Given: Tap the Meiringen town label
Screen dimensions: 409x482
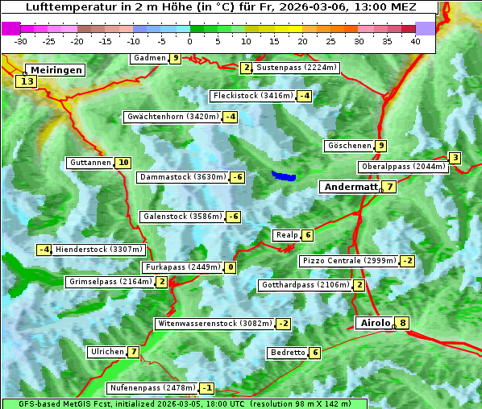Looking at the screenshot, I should point(54,70).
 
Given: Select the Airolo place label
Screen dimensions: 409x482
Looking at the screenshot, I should point(375,323).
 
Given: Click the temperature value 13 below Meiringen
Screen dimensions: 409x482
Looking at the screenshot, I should point(27,81).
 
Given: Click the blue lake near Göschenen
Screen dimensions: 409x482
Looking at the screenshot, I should point(284,176).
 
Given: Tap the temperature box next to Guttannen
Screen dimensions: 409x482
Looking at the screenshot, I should point(123,163).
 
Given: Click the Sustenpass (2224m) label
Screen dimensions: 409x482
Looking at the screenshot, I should point(290,68).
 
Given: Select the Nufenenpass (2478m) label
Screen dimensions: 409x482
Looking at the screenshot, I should point(152,388).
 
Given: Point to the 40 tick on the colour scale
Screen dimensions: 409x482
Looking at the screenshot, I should point(415,41).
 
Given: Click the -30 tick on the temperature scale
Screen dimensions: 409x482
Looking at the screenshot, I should point(22,41).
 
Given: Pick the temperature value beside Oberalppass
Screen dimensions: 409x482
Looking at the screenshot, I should point(455,158).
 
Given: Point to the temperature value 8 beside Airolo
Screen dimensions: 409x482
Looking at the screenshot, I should point(403,324).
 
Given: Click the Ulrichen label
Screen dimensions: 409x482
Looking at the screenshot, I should point(107,352).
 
